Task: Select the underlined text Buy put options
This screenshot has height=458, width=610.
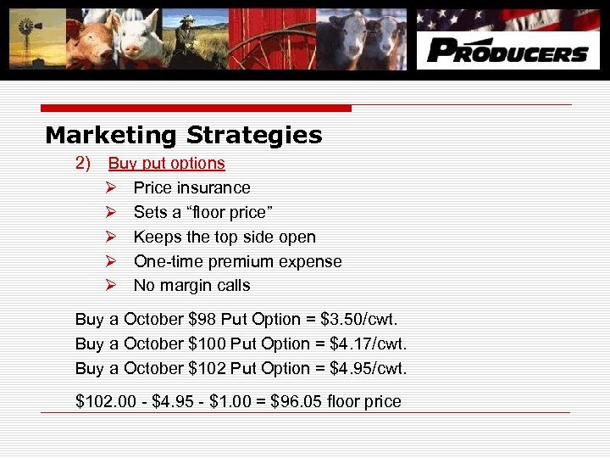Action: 167,163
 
